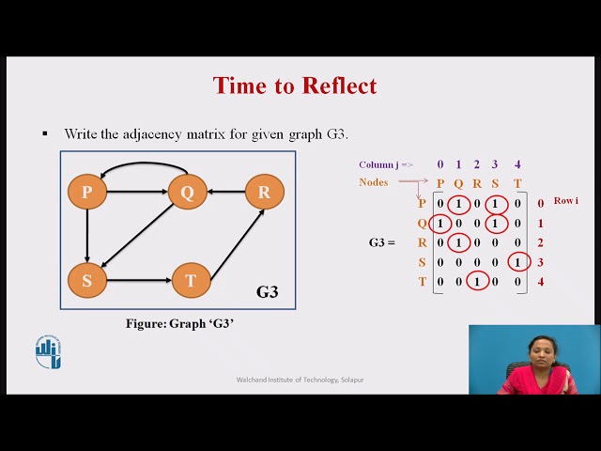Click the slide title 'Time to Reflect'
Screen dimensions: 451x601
click(x=295, y=86)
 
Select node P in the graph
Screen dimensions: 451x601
click(x=86, y=193)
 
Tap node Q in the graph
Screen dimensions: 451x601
click(x=187, y=193)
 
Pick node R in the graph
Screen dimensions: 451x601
click(x=264, y=193)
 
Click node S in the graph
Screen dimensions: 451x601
click(x=86, y=280)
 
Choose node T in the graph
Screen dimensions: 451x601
click(x=190, y=280)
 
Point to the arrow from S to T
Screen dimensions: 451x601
click(x=138, y=280)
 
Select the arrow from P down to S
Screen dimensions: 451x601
click(x=86, y=236)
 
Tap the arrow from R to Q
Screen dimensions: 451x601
click(x=225, y=193)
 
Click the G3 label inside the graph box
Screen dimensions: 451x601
click(x=268, y=292)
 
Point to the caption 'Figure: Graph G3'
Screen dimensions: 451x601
click(x=178, y=323)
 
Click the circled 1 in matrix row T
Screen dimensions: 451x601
click(x=477, y=281)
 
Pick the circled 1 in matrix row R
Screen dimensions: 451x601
click(x=458, y=242)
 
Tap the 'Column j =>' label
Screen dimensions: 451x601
click(x=385, y=164)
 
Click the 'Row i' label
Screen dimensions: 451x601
click(x=565, y=201)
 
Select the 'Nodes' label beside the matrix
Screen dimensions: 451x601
click(x=373, y=182)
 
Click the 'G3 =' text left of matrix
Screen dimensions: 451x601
click(x=381, y=242)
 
